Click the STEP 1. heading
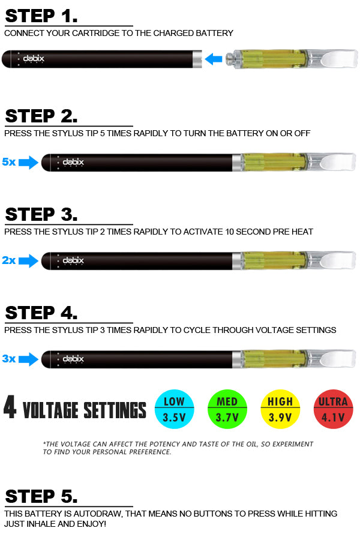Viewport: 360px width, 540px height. [x=41, y=16]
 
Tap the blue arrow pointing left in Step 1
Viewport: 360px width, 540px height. [x=214, y=59]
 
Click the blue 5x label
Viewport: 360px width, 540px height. [x=8, y=162]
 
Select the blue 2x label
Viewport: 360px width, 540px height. [x=8, y=260]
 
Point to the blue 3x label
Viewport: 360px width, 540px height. [x=8, y=359]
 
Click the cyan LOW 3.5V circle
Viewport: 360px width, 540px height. [x=175, y=409]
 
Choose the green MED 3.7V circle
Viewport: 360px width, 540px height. [x=227, y=409]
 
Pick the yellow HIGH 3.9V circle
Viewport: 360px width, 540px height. [x=280, y=409]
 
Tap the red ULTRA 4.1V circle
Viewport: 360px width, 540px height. [x=334, y=409]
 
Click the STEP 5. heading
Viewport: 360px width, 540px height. [x=41, y=496]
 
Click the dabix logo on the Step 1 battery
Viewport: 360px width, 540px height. [x=34, y=59]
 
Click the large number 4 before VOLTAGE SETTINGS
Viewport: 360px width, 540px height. [x=10, y=407]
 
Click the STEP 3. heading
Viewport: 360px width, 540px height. [x=41, y=214]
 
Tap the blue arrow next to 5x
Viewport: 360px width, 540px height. [x=28, y=163]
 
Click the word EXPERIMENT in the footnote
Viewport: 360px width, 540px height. [x=293, y=444]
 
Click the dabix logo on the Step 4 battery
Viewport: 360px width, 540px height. [x=73, y=359]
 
